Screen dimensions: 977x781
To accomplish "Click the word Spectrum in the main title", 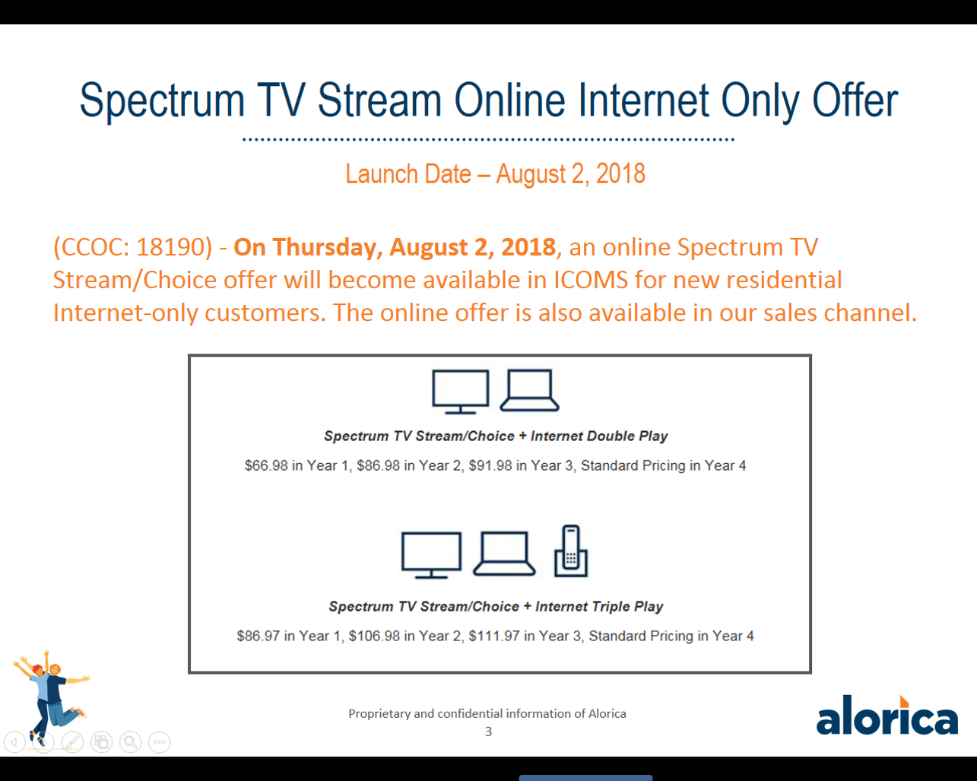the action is click(162, 101).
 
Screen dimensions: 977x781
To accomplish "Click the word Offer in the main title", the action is click(855, 100).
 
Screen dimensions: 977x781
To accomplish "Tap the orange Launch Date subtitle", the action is click(495, 174).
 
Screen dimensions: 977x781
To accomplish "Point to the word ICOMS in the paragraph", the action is click(591, 280).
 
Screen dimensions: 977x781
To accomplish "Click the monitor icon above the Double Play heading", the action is click(460, 392).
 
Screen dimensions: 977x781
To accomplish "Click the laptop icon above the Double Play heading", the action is click(529, 390).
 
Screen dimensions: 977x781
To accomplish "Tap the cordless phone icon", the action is click(571, 551).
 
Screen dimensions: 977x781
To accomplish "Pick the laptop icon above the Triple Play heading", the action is click(504, 553).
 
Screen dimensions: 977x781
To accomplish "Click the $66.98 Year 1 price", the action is click(266, 465).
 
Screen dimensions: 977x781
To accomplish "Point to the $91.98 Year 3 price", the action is click(490, 465).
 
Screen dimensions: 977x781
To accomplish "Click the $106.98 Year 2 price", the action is click(374, 636).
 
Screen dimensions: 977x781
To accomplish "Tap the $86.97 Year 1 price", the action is click(259, 636).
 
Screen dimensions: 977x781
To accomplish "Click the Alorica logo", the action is click(887, 715).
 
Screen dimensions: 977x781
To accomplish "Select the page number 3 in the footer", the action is click(488, 732).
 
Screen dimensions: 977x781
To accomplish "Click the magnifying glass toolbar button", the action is click(130, 742).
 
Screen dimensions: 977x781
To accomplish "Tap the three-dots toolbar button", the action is click(160, 742).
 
